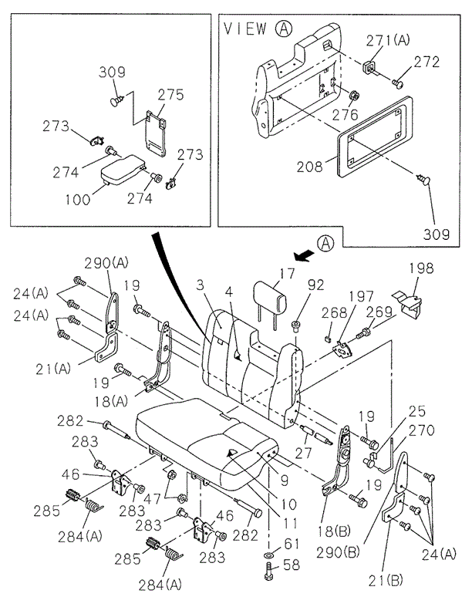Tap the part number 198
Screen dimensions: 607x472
[421, 269]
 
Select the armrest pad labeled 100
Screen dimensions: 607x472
[124, 170]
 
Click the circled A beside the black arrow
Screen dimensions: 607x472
[327, 244]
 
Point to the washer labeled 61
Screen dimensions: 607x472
[268, 555]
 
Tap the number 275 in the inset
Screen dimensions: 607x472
[170, 95]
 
